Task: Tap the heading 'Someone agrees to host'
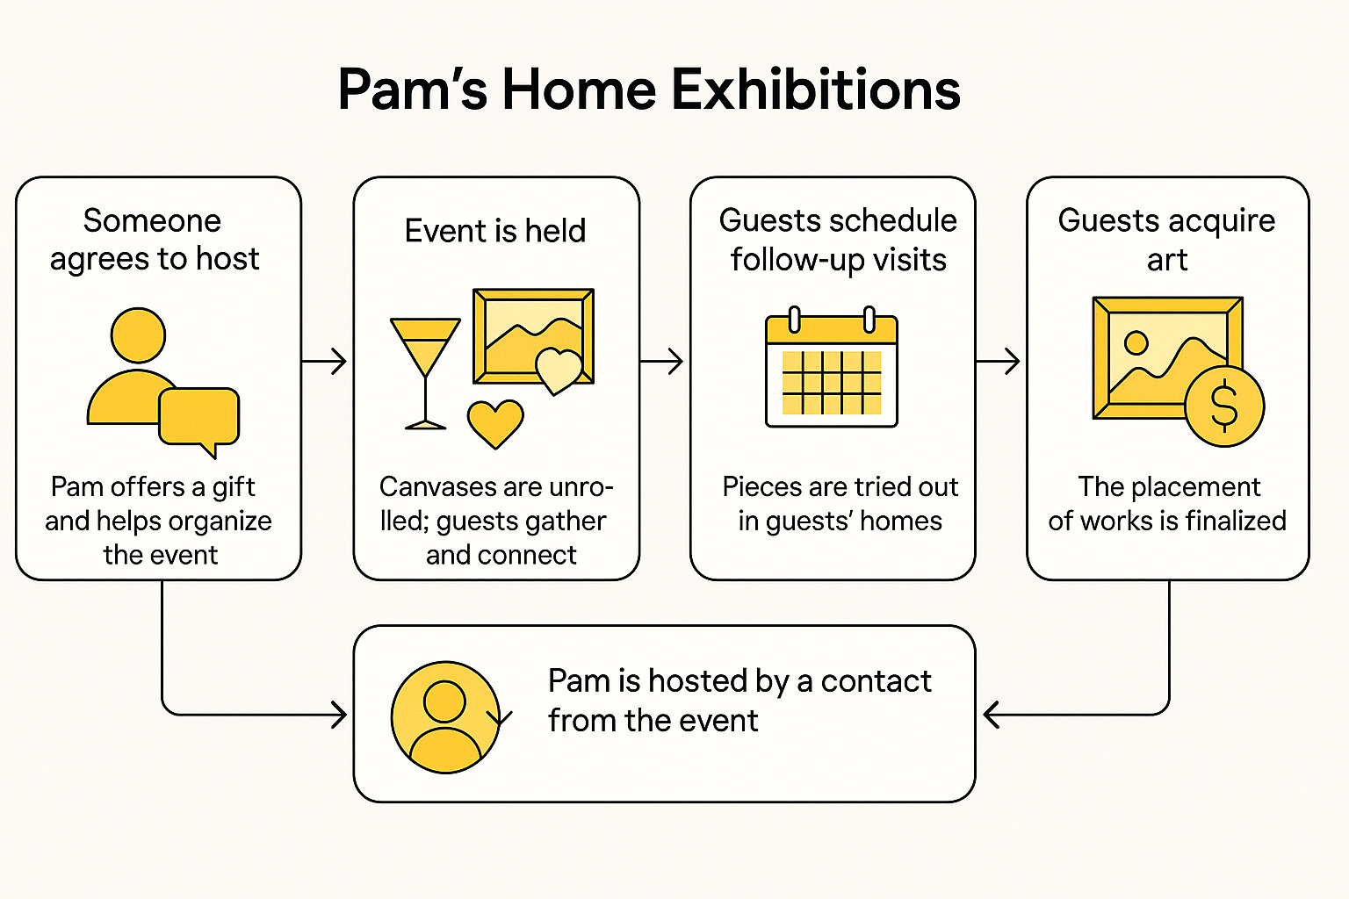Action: click(154, 240)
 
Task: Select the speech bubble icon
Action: click(199, 418)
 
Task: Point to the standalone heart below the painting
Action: click(495, 423)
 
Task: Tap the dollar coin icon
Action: click(1223, 406)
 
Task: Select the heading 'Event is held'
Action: click(495, 231)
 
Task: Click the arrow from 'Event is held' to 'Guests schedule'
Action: click(664, 361)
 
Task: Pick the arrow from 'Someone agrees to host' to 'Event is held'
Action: click(326, 361)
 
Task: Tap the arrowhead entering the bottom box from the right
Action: click(991, 715)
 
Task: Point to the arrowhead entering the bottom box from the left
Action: click(338, 715)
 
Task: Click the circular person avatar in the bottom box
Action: click(445, 716)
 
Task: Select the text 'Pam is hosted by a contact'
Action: click(739, 681)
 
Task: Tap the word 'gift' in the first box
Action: click(233, 486)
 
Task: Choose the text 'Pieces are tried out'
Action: click(840, 486)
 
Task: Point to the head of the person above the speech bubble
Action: click(138, 334)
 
